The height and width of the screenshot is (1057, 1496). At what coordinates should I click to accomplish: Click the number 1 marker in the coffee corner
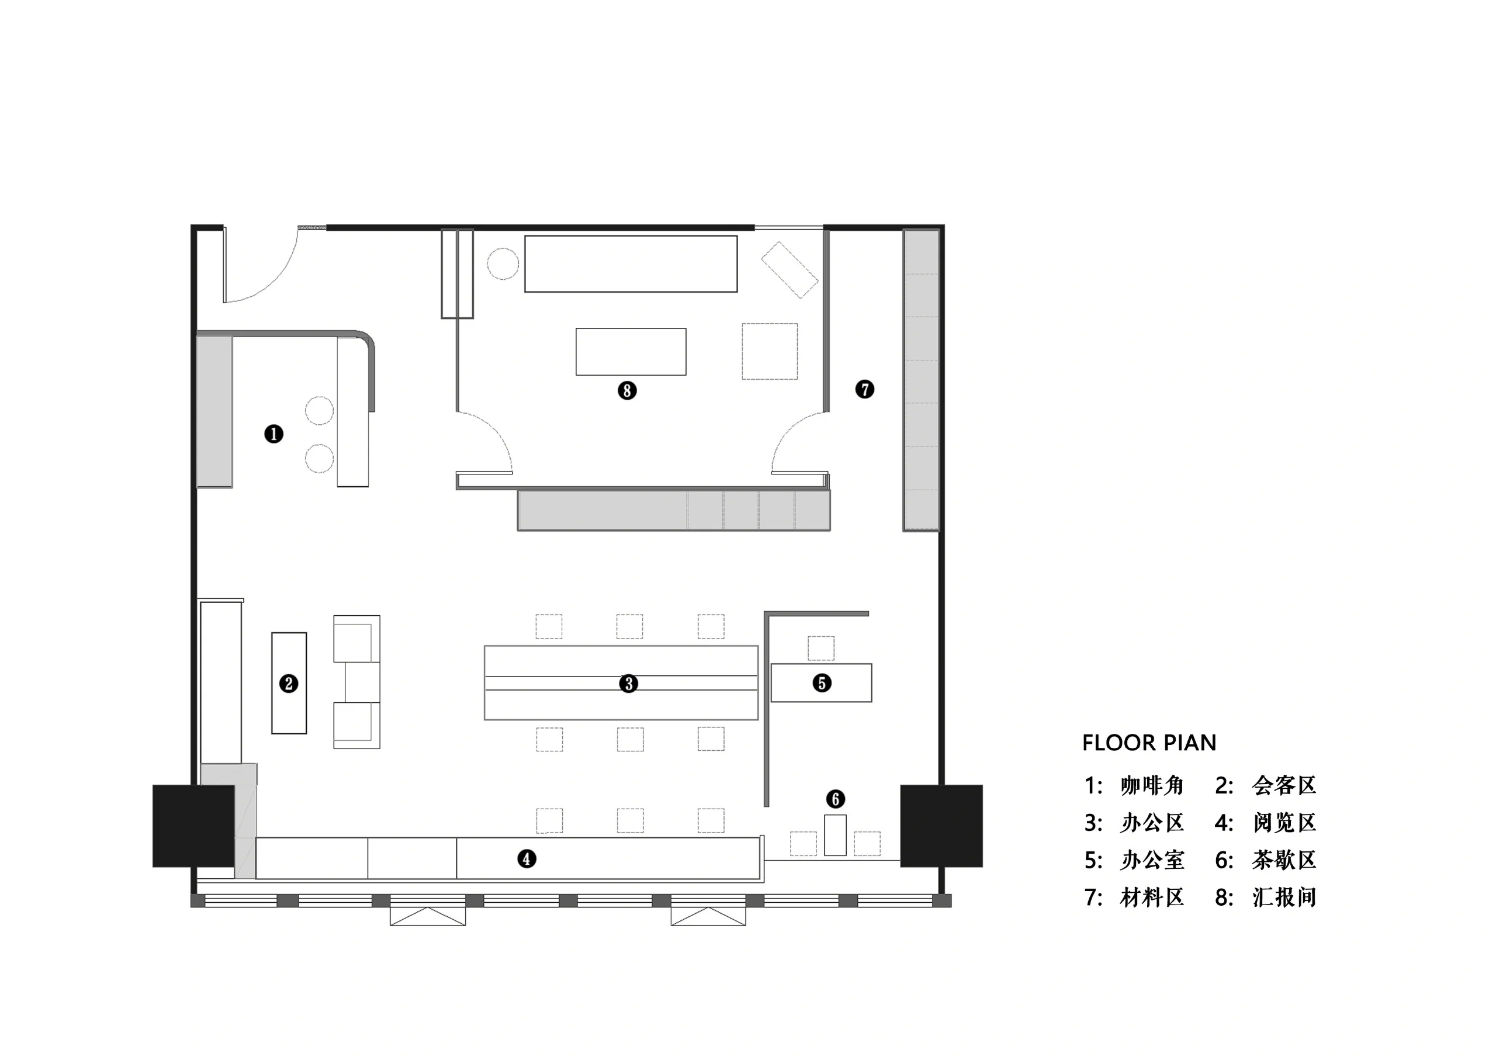273,434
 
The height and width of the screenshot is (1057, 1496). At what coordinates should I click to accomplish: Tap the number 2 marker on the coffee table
289,684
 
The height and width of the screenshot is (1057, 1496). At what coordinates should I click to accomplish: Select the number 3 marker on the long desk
628,684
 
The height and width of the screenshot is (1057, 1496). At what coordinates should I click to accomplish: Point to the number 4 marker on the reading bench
527,859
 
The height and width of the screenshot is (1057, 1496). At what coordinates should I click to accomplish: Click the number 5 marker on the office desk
822,683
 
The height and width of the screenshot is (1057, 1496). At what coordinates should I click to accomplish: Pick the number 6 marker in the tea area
835,799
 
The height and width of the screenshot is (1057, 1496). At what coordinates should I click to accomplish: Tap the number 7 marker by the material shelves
865,389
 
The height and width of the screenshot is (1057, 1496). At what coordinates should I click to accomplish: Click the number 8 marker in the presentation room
627,390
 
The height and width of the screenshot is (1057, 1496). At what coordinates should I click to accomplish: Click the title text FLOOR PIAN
1149,743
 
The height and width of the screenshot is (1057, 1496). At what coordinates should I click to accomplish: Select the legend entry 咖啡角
1152,785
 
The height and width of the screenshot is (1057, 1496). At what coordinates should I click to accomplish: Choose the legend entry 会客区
1284,785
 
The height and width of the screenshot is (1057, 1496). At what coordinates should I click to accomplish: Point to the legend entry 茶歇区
1284,860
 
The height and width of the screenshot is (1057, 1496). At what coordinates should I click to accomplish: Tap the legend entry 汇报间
1284,897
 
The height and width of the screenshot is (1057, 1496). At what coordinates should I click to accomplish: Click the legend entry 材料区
1152,897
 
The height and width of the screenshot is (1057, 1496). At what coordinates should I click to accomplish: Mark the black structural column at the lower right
941,826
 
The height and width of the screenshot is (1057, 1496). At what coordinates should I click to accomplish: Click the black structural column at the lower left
193,826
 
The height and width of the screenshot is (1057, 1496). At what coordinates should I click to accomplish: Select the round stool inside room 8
503,264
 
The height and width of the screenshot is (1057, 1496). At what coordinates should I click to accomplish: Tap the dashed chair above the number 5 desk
821,649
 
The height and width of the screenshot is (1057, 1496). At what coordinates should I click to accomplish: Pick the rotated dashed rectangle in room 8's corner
789,270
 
